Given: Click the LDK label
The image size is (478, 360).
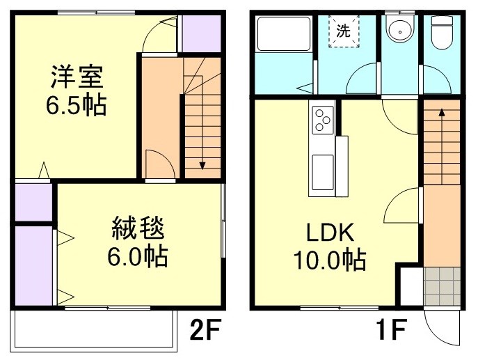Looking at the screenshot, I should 327,233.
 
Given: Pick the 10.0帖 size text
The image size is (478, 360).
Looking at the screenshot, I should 327,261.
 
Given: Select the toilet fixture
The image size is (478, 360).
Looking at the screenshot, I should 441,31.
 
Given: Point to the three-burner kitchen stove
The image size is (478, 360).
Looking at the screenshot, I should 324,119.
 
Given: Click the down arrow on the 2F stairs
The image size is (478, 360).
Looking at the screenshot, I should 202,164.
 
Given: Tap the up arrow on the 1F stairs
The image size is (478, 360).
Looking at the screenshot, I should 441,111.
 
